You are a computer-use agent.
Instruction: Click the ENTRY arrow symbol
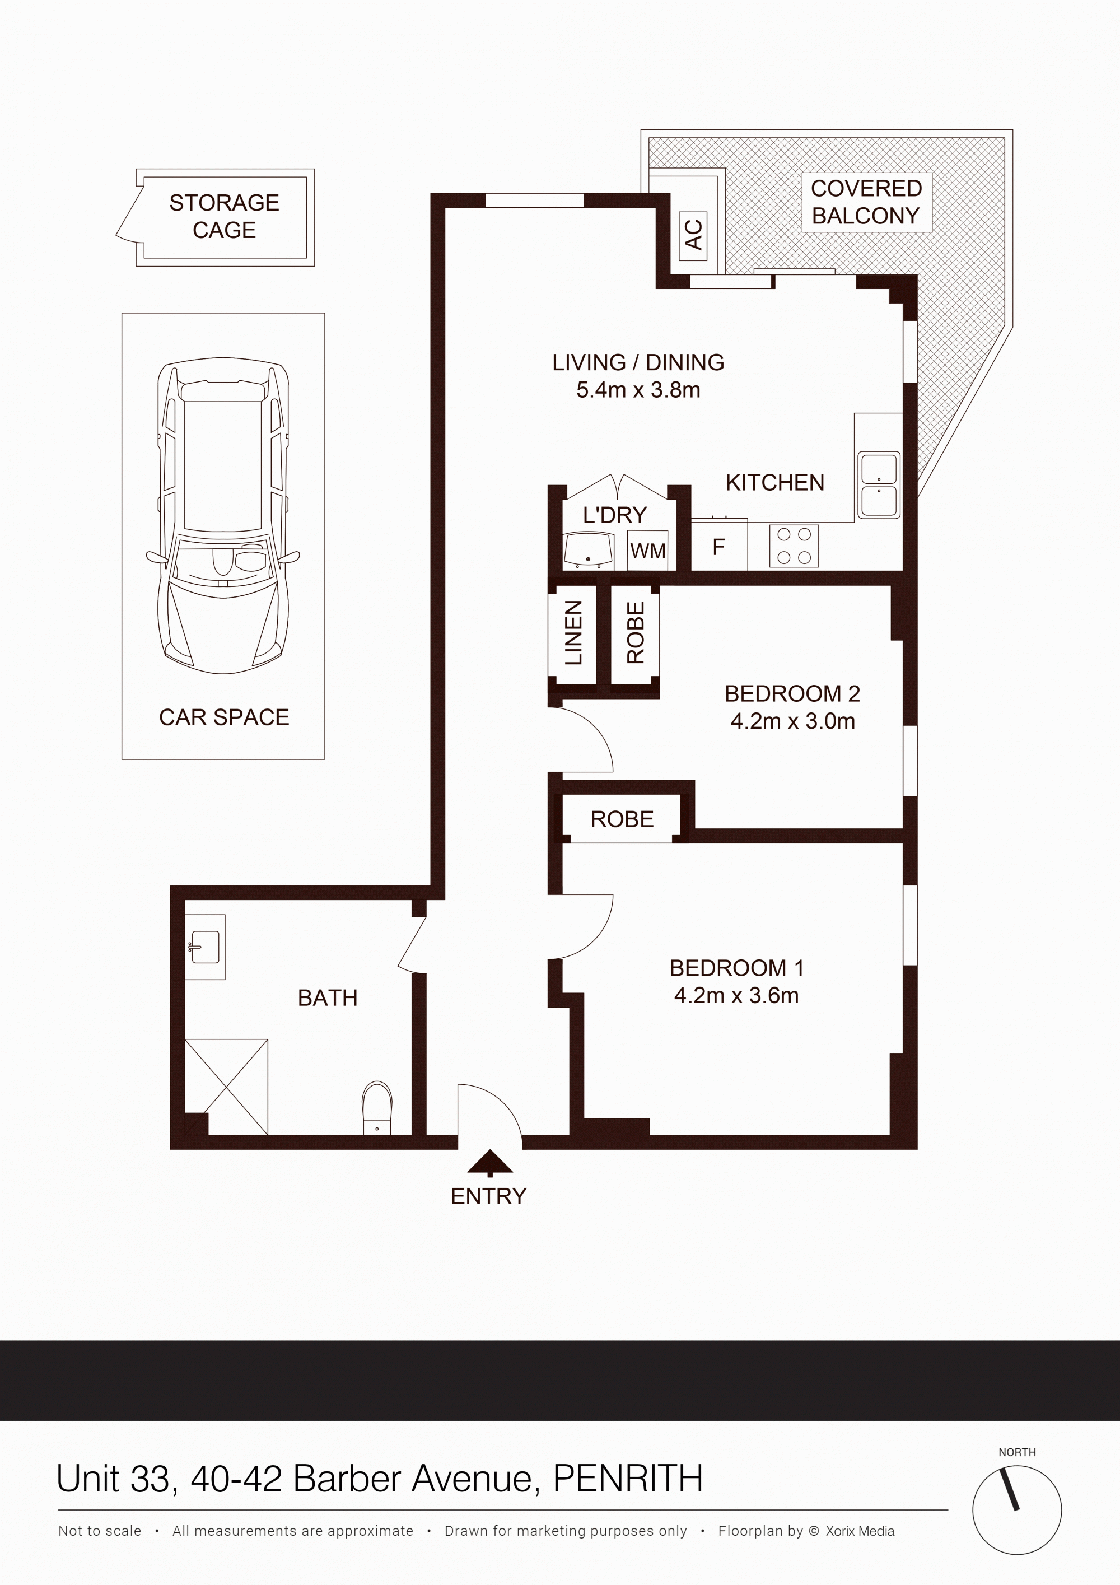point(490,1163)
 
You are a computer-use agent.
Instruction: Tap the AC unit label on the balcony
point(693,235)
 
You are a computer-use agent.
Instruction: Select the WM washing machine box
point(647,550)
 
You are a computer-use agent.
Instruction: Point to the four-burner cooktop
point(794,546)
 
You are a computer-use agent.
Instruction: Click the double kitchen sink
point(879,484)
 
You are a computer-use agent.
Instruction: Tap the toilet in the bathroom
point(377,1107)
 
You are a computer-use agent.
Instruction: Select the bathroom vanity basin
point(205,947)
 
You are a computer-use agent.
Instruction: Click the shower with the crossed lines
point(226,1087)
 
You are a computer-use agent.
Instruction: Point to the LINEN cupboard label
point(573,632)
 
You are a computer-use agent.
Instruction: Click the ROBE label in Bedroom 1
point(622,819)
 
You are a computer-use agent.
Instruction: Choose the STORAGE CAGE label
point(224,216)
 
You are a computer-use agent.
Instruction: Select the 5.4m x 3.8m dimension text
point(638,390)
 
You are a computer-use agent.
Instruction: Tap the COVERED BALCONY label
point(866,202)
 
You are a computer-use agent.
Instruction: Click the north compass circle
point(1017,1510)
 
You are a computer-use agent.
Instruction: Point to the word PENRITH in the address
point(628,1479)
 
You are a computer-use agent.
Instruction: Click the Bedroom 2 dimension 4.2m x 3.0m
point(793,721)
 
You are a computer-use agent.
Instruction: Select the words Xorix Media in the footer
point(860,1531)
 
